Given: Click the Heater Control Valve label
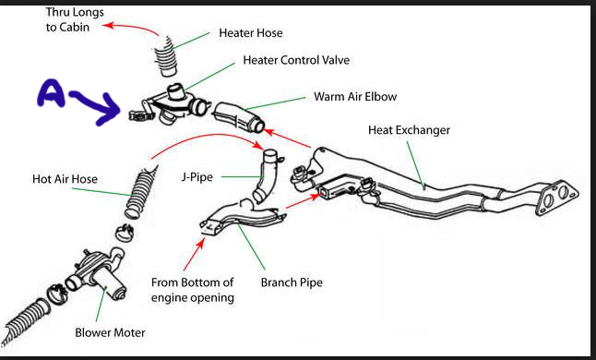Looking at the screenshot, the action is pyautogui.click(x=296, y=60).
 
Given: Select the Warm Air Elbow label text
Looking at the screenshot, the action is pyautogui.click(x=355, y=97).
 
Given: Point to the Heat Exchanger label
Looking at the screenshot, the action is pyautogui.click(x=409, y=130).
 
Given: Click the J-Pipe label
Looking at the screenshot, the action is pyautogui.click(x=197, y=177).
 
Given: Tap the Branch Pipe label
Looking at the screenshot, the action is pyautogui.click(x=292, y=282).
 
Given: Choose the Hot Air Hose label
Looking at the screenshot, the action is pyautogui.click(x=65, y=179).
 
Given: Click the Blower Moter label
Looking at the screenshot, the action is pyautogui.click(x=110, y=332).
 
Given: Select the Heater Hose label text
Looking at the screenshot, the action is pyautogui.click(x=251, y=32).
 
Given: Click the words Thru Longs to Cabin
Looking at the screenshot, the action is pyautogui.click(x=75, y=19).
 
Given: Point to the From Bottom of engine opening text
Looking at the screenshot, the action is pyautogui.click(x=192, y=290).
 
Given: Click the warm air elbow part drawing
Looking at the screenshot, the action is pyautogui.click(x=238, y=117).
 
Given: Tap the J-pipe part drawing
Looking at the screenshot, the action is pyautogui.click(x=266, y=175).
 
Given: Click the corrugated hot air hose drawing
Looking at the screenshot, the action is pyautogui.click(x=140, y=192).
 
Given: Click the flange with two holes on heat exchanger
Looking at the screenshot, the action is pyautogui.click(x=557, y=197).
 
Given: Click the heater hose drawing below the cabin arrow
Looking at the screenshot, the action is pyautogui.click(x=166, y=56).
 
